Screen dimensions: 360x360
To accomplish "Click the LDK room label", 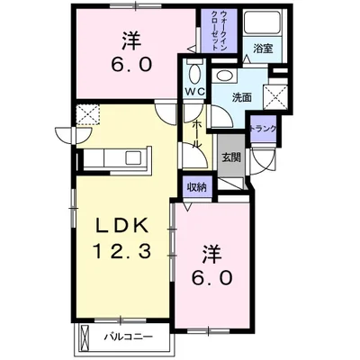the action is (x=122, y=226).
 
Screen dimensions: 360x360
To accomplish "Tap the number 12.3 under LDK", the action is (x=122, y=251).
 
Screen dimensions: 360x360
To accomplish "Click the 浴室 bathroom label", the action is (x=263, y=49).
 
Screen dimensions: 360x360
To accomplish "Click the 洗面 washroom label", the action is (x=242, y=97).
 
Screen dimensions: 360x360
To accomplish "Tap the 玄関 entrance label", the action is (x=231, y=157).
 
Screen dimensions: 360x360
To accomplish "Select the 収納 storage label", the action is (x=197, y=187).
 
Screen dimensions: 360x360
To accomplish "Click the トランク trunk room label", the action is (x=263, y=129).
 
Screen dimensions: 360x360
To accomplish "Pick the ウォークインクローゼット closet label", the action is (x=220, y=31).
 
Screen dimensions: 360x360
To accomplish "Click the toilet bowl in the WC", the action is (x=194, y=73).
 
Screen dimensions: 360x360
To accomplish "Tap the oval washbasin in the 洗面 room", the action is (x=225, y=76).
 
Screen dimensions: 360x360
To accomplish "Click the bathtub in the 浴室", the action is (x=262, y=22).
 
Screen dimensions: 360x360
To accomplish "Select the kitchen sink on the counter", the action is (x=133, y=157).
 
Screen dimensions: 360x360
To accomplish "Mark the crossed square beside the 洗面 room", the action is (x=275, y=97).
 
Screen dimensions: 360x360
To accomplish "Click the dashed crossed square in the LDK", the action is (x=87, y=114).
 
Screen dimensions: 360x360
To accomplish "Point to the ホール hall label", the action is (x=196, y=133).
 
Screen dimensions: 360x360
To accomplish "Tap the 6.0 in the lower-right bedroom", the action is (x=212, y=278).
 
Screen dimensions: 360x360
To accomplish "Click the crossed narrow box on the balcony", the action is (x=85, y=337).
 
